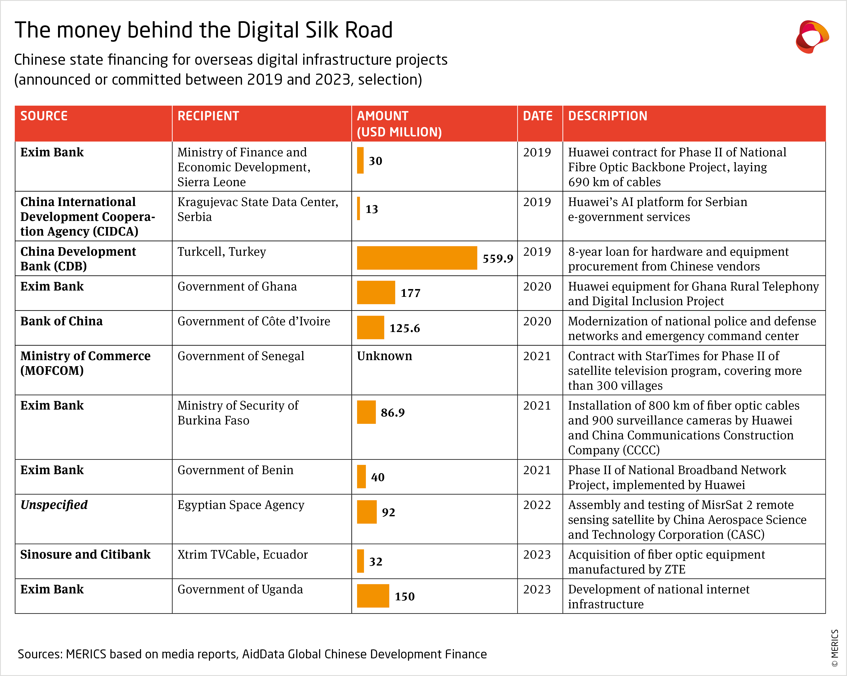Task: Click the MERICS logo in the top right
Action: pyautogui.click(x=812, y=37)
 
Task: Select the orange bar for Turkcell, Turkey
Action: pyautogui.click(x=417, y=258)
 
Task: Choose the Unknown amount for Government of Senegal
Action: pyautogui.click(x=384, y=356)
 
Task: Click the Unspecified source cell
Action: pyautogui.click(x=54, y=505)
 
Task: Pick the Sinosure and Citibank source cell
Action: pyautogui.click(x=85, y=555)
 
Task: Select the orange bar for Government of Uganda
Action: pyautogui.click(x=373, y=596)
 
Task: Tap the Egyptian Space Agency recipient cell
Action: pyautogui.click(x=241, y=505)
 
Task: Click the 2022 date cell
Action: pyautogui.click(x=537, y=505)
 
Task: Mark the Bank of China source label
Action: pyautogui.click(x=61, y=322)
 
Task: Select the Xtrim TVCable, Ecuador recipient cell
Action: pyautogui.click(x=242, y=555)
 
